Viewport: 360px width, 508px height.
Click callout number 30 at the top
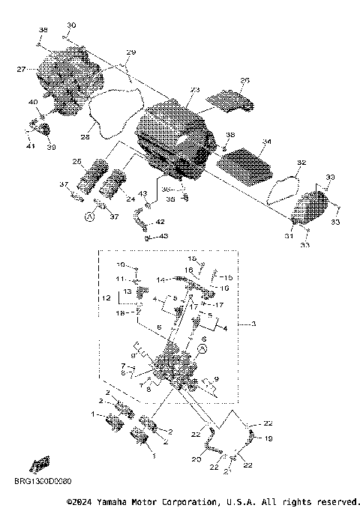tap(71, 25)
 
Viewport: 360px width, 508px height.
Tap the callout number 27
tap(22, 69)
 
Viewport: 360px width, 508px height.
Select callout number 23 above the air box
tap(195, 90)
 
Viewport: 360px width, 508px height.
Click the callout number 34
tap(267, 141)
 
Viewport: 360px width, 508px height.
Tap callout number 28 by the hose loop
tap(85, 136)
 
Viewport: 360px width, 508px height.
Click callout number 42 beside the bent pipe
tap(159, 223)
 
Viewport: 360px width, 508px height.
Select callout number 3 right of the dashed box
tap(253, 323)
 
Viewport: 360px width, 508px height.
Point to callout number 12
tap(106, 298)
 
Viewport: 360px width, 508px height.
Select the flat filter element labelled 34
tap(247, 165)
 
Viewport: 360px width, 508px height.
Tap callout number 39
tap(51, 148)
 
